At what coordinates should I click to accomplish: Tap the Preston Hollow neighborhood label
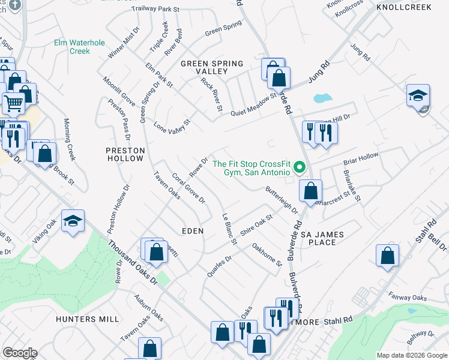tap(125, 154)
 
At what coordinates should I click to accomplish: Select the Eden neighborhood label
tap(193, 230)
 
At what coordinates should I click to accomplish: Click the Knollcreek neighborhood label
tap(412, 7)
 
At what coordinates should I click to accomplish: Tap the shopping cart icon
tap(14, 103)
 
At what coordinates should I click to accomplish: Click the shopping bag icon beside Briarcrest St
tap(310, 192)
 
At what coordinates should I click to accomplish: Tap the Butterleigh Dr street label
tap(282, 200)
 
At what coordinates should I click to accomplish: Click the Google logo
tap(20, 353)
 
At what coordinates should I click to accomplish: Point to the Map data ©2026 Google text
tap(412, 355)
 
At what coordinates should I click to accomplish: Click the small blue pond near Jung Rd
tap(322, 97)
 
